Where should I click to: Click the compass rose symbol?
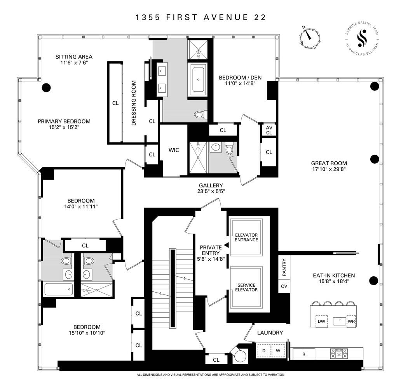tap(310, 38)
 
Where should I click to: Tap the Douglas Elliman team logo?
tap(362, 38)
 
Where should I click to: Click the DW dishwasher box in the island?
tap(321, 321)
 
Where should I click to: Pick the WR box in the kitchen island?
tap(351, 321)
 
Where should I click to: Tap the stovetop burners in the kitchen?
tap(339, 354)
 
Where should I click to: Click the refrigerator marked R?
tap(304, 354)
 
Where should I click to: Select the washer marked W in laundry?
tap(278, 351)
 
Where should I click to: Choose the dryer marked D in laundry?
tap(264, 351)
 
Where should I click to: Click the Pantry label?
tap(284, 267)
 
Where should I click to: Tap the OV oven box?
tap(284, 286)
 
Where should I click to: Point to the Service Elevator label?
tap(246, 288)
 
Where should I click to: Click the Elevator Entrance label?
tap(246, 237)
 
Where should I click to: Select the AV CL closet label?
tap(269, 130)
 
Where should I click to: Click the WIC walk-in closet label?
tap(174, 150)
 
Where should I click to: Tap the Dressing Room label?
tap(134, 103)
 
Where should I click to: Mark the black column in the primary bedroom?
tap(46, 88)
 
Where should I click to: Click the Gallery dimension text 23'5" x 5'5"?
tap(211, 191)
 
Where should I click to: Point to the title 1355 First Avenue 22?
tap(200, 17)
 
